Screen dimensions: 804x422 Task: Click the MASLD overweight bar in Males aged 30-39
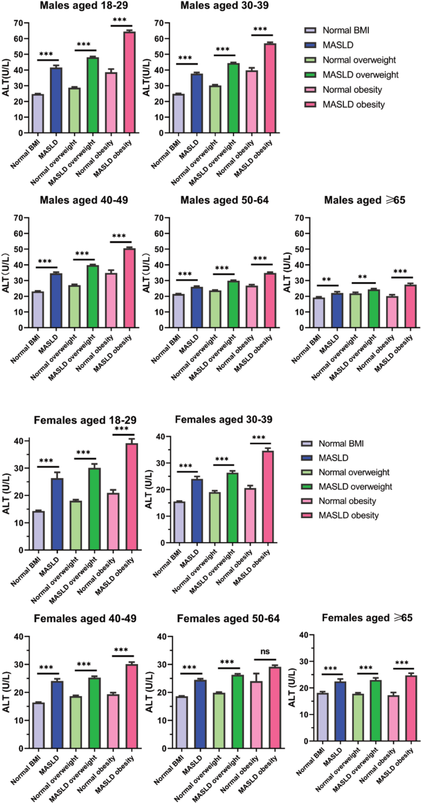click(x=232, y=98)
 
